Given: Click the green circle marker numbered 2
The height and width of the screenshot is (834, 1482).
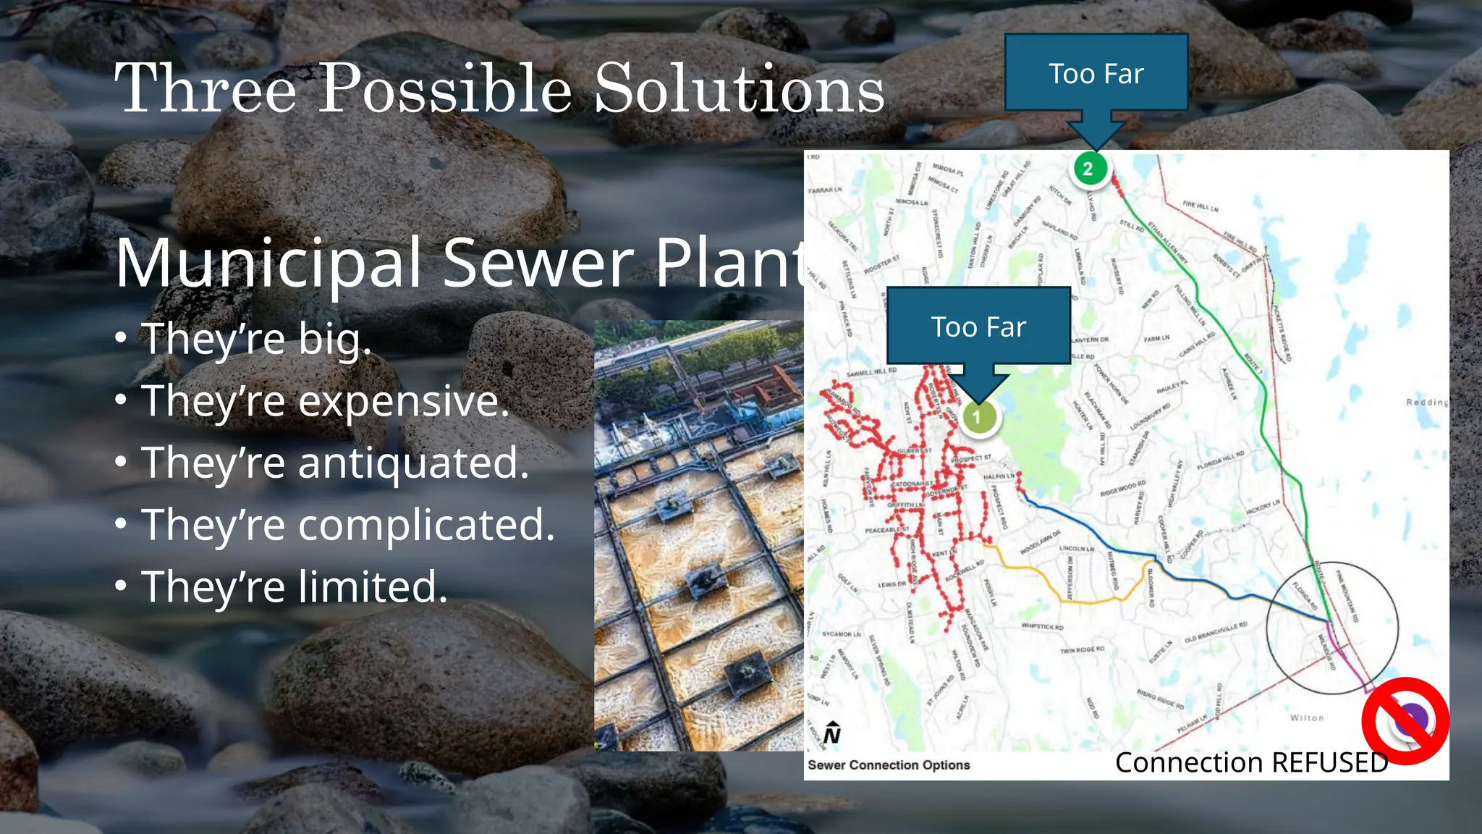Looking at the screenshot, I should [x=1088, y=169].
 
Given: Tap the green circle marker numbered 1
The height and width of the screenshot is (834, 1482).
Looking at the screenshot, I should [x=977, y=417].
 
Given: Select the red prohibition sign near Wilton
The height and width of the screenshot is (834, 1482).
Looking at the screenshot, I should [x=1405, y=720].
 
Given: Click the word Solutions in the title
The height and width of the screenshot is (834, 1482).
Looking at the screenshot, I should [x=739, y=89].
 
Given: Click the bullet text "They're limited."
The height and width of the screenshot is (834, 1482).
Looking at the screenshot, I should [x=294, y=586].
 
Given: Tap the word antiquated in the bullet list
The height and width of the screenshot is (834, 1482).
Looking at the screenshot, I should [x=413, y=463].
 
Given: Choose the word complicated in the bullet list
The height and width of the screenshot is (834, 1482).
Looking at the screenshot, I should [x=426, y=525].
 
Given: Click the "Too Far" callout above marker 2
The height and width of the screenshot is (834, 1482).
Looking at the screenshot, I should [x=1096, y=74].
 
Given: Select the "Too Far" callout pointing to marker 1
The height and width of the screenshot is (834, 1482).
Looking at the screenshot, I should [x=978, y=327].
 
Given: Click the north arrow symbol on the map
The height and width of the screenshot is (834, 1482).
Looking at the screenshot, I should [x=832, y=733].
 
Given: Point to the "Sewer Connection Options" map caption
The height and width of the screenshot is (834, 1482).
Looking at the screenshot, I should [x=889, y=765].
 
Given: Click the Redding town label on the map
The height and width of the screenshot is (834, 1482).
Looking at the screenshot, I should [x=1426, y=402].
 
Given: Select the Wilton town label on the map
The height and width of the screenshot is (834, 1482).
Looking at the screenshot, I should [x=1306, y=718].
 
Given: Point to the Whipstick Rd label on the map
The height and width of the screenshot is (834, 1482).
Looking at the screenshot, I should [x=1042, y=626].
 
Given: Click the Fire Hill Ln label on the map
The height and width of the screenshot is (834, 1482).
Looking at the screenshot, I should [x=1201, y=206].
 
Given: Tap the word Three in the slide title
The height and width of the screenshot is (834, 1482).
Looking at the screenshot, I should [x=206, y=89].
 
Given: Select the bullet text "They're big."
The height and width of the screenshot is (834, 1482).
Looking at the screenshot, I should [x=256, y=339].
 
